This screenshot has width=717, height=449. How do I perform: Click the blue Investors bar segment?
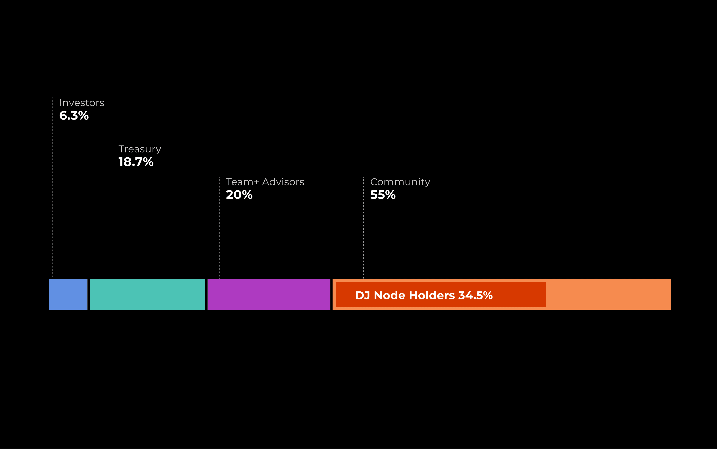coord(68,294)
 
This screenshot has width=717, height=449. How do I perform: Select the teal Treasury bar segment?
coord(147,294)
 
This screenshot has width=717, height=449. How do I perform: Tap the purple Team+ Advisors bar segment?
coord(269,294)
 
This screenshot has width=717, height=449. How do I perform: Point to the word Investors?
coord(82,103)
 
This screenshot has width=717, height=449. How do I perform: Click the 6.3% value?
coord(74,116)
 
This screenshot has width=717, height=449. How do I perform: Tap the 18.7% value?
coord(136,162)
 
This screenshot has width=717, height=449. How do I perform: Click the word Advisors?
coord(283,182)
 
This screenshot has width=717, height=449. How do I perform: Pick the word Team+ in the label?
coord(242,182)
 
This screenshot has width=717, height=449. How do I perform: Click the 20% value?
coord(239,195)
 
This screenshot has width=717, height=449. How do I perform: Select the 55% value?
coord(383,195)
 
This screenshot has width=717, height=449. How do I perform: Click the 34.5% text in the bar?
coord(475,296)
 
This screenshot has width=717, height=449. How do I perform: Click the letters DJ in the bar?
coord(362,296)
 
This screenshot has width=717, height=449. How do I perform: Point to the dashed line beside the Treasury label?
coord(112,214)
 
